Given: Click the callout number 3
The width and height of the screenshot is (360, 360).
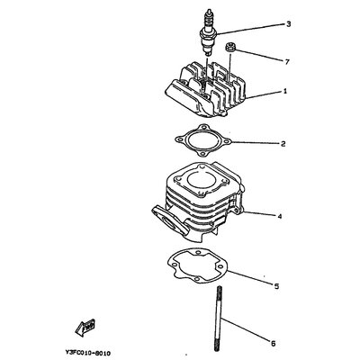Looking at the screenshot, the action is click(288, 24).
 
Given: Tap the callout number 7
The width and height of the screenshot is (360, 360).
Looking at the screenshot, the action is click(287, 62).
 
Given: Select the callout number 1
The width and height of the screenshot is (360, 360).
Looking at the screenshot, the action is click(285, 91).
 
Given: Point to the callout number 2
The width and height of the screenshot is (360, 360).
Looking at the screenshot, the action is click(283, 144).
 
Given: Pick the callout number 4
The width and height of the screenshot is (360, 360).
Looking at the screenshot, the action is click(280, 216).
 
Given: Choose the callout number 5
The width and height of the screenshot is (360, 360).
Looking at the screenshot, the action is click(276, 286).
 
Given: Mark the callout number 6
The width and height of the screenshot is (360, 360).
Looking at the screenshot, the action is click(273, 344).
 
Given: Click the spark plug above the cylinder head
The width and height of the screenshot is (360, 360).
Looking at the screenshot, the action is click(208, 32).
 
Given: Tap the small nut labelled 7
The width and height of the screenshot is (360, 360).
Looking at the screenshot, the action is click(230, 48).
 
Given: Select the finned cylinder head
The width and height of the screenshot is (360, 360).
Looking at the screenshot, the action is click(205, 89).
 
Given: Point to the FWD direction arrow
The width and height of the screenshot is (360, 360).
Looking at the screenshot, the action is click(85, 328).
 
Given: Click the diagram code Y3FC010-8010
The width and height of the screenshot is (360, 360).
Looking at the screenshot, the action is click(87, 353).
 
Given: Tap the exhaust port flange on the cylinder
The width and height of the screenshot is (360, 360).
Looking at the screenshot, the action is click(171, 220).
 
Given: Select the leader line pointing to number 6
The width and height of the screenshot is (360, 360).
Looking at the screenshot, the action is click(247, 328).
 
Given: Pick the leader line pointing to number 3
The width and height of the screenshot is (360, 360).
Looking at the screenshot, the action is click(249, 29).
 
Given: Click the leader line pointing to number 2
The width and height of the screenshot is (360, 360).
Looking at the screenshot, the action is click(256, 143).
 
